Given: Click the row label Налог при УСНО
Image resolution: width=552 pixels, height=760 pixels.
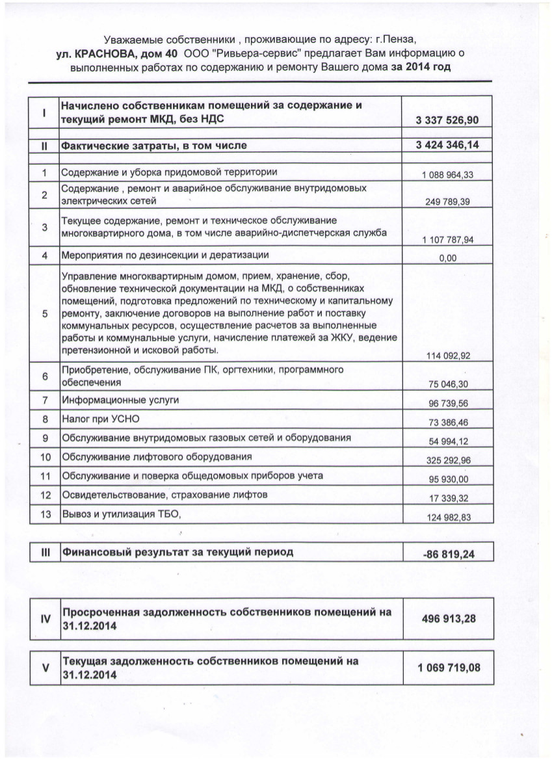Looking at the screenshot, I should pos(100,419).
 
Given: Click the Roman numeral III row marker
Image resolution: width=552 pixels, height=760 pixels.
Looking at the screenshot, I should pos(46,553).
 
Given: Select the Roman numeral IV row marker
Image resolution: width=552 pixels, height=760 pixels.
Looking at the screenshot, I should pos(46,618).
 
